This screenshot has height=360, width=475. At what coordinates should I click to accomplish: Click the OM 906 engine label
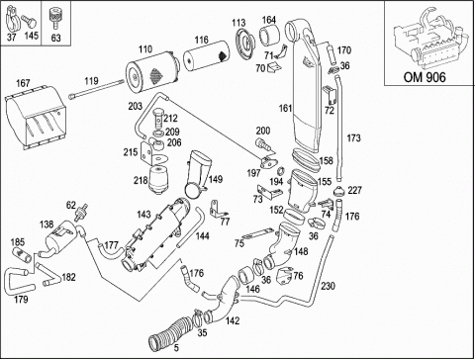coord(425,77)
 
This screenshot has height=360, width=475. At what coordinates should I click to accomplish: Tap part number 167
coord(23,83)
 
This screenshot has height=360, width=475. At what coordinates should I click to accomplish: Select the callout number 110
coord(145,49)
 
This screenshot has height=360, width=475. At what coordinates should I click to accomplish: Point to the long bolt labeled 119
coord(96,89)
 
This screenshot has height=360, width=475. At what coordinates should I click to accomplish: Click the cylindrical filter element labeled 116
coord(206,55)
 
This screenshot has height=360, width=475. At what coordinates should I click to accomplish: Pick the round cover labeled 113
coord(245,43)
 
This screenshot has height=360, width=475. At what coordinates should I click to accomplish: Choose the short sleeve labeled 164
coord(270,37)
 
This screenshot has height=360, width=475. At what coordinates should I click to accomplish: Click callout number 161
coord(286,108)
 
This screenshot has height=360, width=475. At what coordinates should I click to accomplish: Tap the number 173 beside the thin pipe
coord(353,137)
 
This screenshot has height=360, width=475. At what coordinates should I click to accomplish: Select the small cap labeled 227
coord(339,191)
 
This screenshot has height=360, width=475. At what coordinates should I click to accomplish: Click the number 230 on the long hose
coord(328,286)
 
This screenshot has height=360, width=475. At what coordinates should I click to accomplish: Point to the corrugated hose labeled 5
coord(169,330)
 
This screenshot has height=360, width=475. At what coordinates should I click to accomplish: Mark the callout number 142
coord(233,320)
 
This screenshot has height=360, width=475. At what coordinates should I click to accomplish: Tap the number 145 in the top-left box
coord(31,36)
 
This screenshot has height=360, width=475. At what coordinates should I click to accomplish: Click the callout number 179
coord(21,300)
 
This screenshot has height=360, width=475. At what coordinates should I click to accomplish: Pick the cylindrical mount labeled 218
coord(159,180)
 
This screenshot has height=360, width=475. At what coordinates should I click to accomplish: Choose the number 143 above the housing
coord(143,215)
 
